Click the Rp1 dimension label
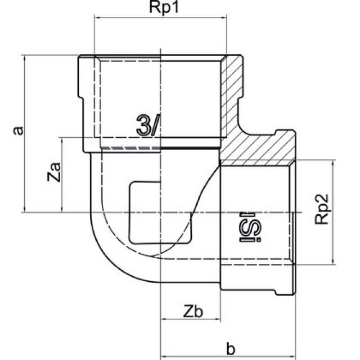[161, 9]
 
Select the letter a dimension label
[19, 130]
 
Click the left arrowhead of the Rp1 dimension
[96, 19]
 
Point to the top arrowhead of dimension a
[24, 57]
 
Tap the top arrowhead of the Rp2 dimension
[335, 163]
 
